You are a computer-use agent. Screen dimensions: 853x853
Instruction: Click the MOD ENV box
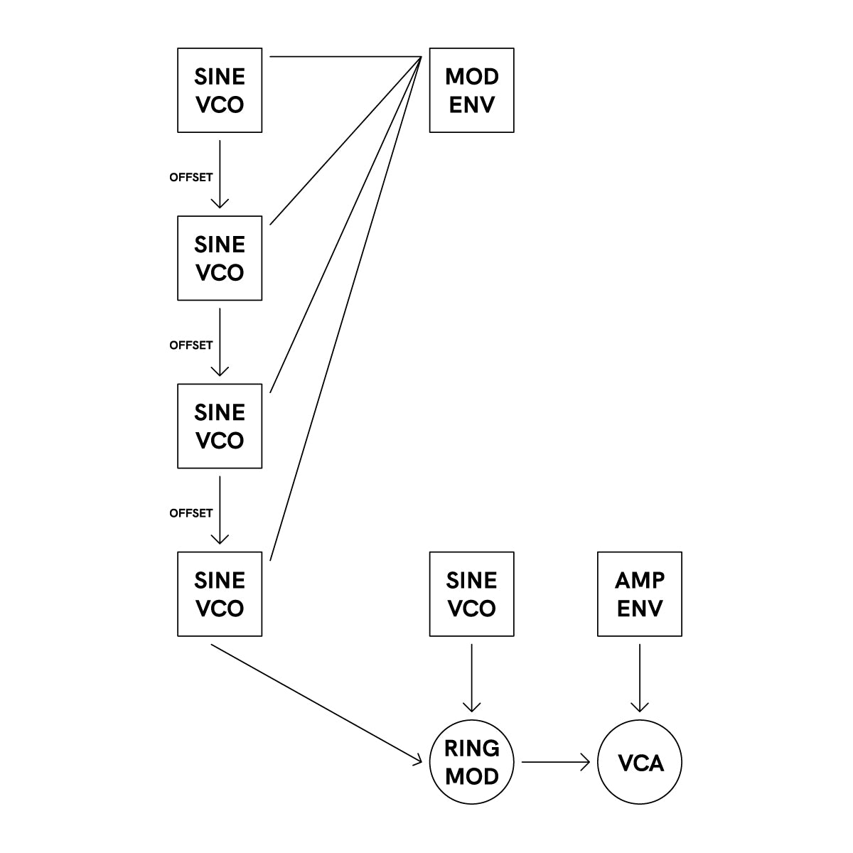(471, 90)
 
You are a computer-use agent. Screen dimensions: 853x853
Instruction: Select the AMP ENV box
(639, 594)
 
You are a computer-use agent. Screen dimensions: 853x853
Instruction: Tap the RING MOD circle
(471, 762)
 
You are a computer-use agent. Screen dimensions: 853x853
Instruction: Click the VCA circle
(639, 762)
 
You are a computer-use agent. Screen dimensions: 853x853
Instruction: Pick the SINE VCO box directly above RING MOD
(471, 594)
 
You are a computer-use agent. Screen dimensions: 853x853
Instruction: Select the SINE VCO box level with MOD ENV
(220, 90)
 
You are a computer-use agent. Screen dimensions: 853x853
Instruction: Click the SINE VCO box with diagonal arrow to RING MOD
(220, 594)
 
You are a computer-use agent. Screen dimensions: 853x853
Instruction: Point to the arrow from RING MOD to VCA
(556, 762)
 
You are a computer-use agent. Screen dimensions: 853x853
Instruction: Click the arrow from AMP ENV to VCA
(639, 677)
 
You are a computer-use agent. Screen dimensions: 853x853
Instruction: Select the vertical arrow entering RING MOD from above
(471, 677)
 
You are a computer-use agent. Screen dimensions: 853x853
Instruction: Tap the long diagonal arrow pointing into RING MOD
(316, 704)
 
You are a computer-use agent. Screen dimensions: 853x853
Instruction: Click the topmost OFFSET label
(191, 177)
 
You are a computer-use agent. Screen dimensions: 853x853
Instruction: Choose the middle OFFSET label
(191, 345)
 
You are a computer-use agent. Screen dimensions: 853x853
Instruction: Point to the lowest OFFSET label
(191, 513)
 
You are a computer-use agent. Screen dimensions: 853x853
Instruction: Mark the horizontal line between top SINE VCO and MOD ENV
(345, 57)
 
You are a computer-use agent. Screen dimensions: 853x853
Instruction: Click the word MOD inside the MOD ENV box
(472, 77)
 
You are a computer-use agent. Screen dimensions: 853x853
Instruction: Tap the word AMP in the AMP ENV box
(640, 580)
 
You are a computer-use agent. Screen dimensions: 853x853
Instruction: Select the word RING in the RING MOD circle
(472, 748)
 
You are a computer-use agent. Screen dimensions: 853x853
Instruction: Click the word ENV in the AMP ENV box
(640, 608)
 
